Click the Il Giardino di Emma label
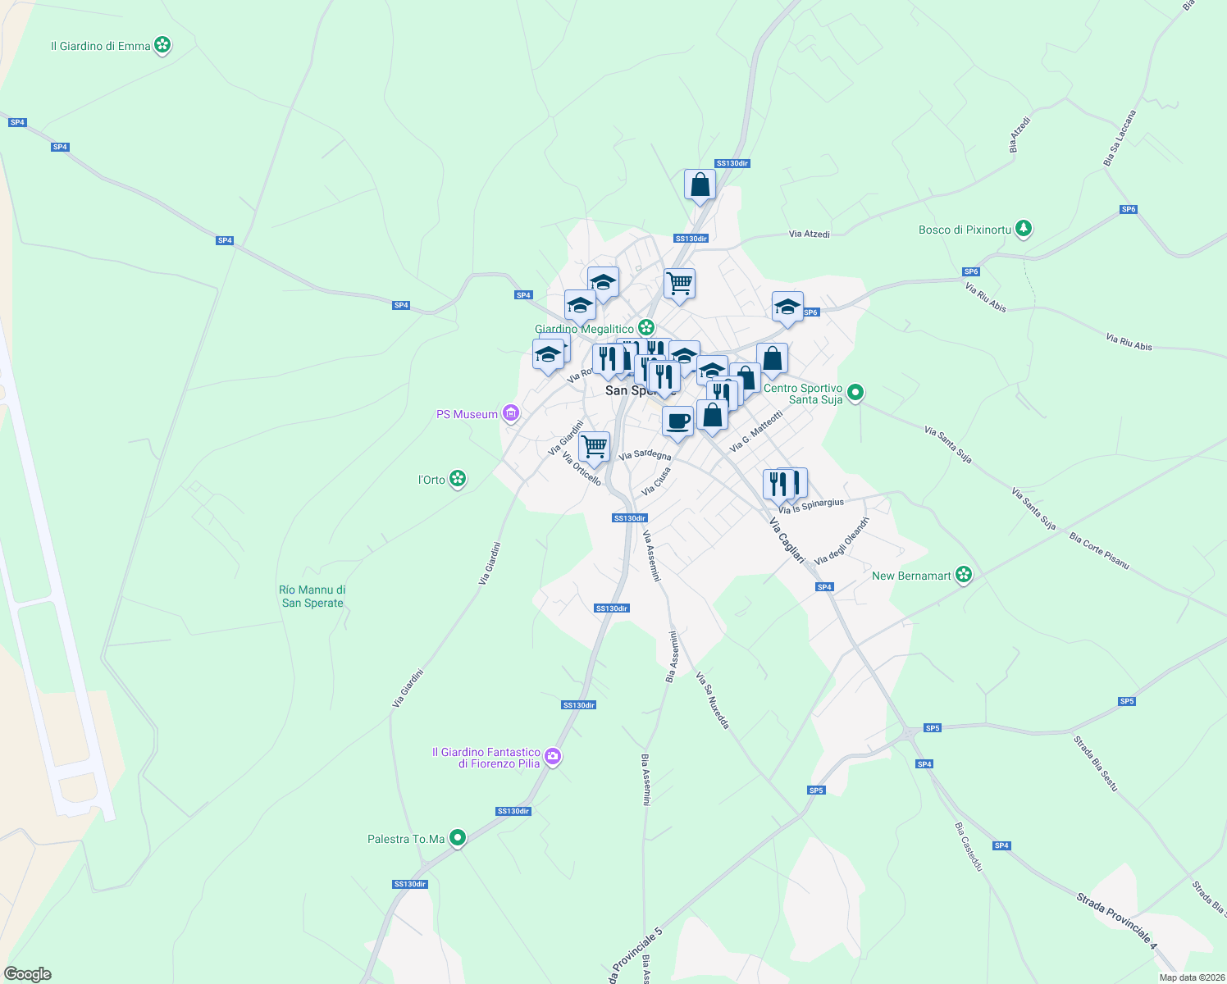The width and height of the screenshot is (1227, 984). tap(101, 47)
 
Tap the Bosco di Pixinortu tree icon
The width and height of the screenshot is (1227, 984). tap(1023, 229)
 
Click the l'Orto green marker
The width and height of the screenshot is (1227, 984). tap(458, 479)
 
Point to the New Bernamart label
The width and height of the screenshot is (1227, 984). tap(911, 576)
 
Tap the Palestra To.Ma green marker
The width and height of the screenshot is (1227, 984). tap(458, 838)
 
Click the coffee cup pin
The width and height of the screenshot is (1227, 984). tap(677, 421)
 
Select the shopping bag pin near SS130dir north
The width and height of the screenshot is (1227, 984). tap(700, 185)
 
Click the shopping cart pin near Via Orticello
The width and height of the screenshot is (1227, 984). tap(594, 447)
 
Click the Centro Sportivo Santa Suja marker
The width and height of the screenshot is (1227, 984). tap(855, 393)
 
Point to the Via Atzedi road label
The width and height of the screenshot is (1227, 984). tap(810, 235)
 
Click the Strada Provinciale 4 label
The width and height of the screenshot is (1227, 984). tap(1116, 922)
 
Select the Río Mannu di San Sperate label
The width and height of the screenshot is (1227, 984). tap(312, 596)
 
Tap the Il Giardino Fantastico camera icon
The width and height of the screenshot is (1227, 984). tap(553, 756)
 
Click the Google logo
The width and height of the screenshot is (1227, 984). tap(27, 974)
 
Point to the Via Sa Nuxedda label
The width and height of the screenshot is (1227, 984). tap(712, 700)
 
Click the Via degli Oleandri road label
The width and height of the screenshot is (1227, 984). tap(841, 541)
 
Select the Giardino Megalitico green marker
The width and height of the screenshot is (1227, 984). tap(646, 328)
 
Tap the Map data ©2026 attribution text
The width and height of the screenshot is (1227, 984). tap(1191, 977)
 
